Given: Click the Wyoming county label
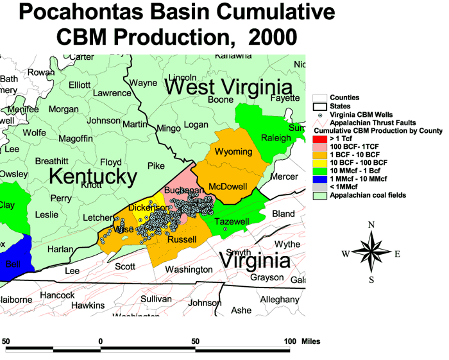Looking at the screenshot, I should point(233,152).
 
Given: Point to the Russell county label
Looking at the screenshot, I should point(182,239).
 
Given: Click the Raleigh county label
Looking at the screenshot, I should point(276,138).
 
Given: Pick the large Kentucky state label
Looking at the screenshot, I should point(93,176).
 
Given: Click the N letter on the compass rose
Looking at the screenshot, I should point(371,225).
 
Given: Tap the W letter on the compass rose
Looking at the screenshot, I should point(346,253).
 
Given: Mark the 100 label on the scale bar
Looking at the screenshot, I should point(289,341).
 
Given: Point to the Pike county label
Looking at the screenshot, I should point(156,166).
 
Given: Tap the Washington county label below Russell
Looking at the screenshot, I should point(188,270).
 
